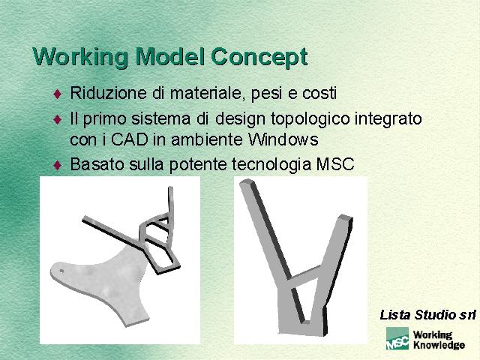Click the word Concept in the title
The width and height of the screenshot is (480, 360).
259,57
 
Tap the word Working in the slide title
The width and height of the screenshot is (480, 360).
80,57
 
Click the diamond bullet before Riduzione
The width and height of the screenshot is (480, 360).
58,94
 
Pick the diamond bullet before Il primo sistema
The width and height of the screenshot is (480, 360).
58,119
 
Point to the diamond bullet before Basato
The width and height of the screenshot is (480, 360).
58,166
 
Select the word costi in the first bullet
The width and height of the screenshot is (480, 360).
319,93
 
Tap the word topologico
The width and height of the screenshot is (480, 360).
310,119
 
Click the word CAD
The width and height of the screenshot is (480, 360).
129,139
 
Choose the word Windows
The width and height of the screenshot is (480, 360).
283,139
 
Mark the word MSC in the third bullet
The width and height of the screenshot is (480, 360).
335,164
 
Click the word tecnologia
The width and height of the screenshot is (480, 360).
271,165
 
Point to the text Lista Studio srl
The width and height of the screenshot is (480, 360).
427,315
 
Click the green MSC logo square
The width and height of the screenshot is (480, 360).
397,338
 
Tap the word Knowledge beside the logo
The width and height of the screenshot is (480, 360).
439,345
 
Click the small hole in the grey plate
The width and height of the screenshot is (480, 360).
61,271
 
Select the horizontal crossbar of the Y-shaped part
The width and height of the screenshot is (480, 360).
305,276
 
